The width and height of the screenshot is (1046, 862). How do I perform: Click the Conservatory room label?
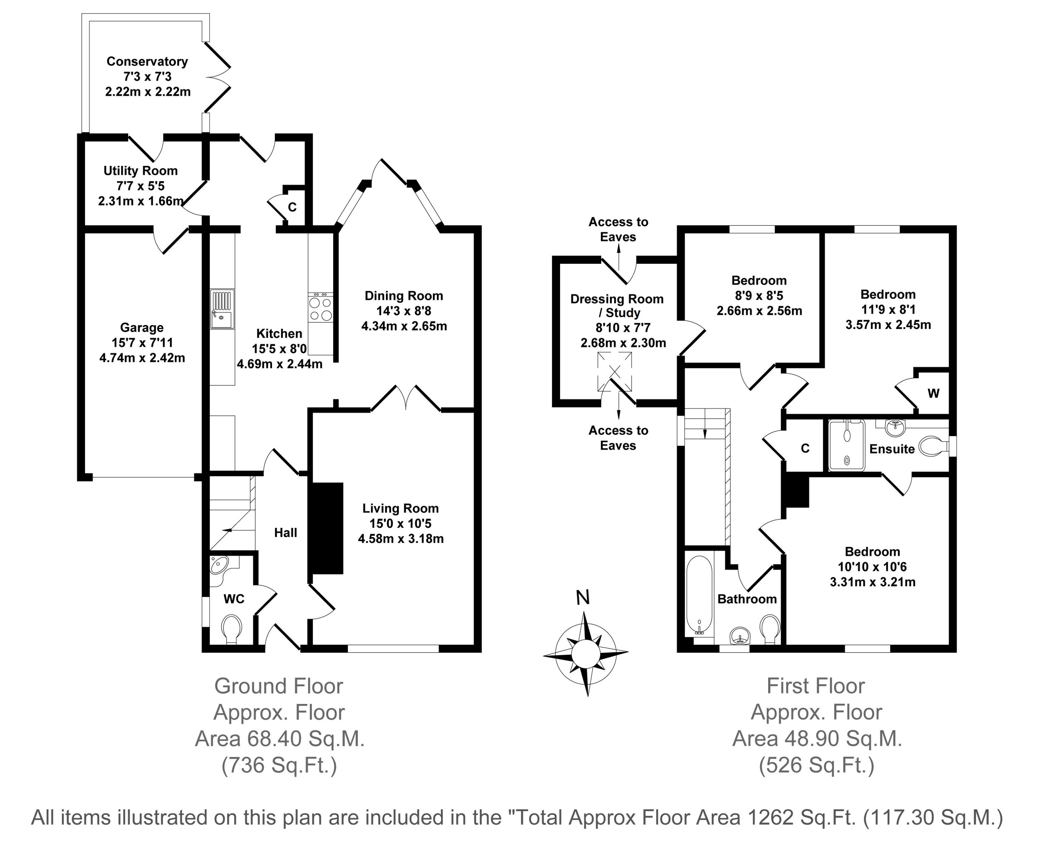[147, 62]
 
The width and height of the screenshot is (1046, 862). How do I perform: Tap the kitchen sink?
[221, 309]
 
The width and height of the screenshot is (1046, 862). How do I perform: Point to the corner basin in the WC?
[219, 565]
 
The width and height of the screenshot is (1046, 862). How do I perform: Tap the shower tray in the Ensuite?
[847, 445]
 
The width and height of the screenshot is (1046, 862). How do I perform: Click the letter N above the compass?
[583, 598]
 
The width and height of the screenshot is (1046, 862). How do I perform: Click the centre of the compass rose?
[585, 653]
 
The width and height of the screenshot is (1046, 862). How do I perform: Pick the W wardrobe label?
[933, 394]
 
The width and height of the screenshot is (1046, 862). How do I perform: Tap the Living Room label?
[400, 508]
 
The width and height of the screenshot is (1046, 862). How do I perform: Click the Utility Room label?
[141, 171]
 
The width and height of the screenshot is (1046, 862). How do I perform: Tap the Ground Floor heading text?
[279, 686]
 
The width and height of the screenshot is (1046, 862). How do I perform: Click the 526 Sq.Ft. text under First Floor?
[816, 765]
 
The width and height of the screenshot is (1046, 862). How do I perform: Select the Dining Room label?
[404, 296]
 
